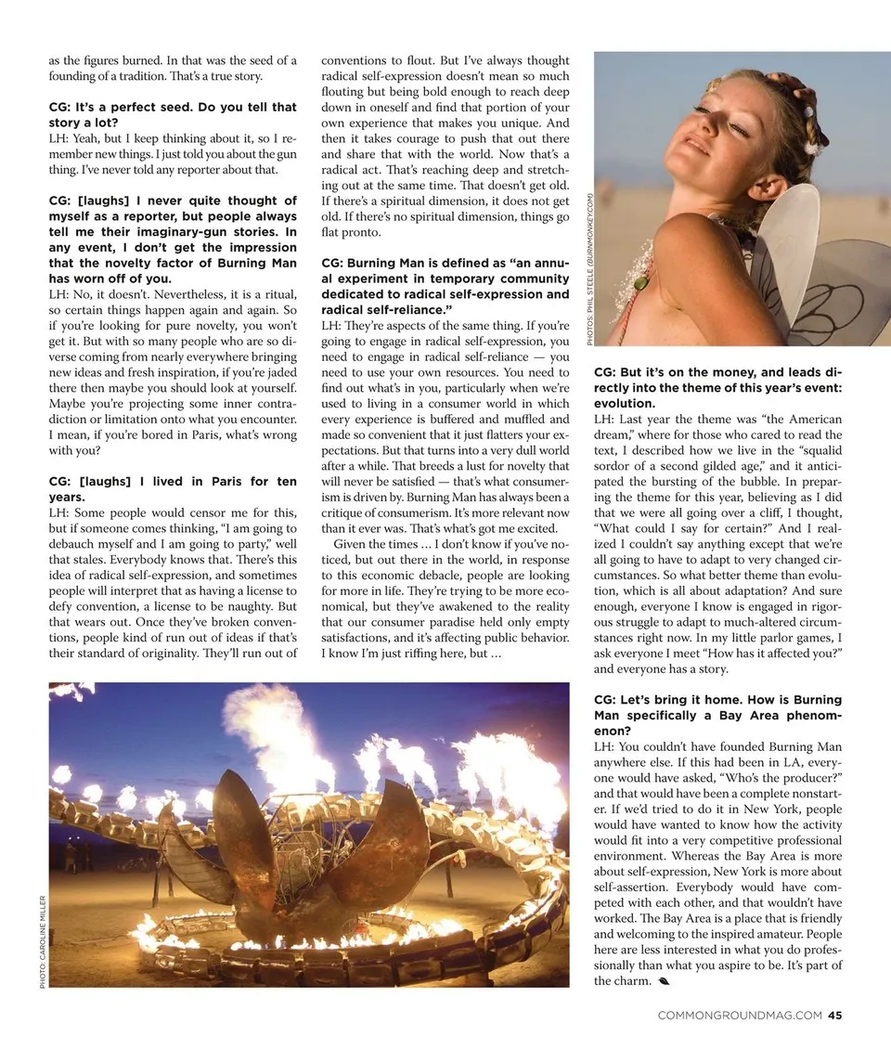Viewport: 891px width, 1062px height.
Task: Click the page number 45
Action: coord(834,1015)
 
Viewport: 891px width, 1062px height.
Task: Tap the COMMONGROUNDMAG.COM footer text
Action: coord(739,1015)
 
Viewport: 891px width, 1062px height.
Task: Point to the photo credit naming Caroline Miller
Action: coord(43,940)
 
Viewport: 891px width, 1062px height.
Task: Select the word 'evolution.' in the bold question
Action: coord(624,404)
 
